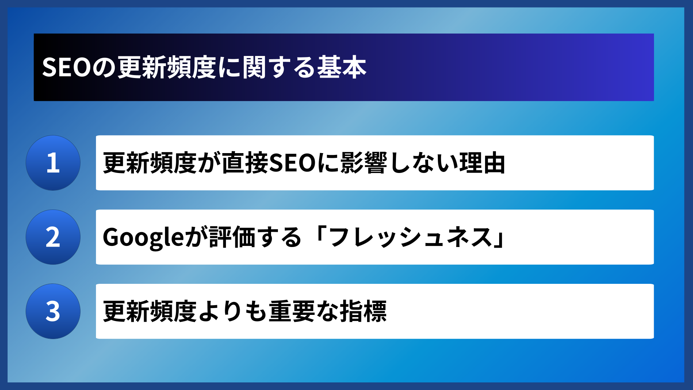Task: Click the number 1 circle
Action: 53,163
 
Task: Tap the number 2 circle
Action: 53,237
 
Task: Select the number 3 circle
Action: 53,311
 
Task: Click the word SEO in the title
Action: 66,68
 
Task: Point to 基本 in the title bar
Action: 341,68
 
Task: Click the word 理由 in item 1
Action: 482,163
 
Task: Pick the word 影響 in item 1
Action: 364,163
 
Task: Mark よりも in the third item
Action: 232,311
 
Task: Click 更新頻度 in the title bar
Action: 167,68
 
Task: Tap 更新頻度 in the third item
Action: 149,311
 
